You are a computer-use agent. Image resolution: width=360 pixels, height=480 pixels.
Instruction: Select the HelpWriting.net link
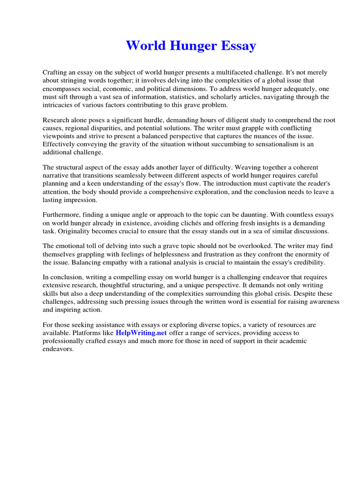click(147, 333)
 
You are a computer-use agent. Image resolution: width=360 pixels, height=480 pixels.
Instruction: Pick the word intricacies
click(59, 105)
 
